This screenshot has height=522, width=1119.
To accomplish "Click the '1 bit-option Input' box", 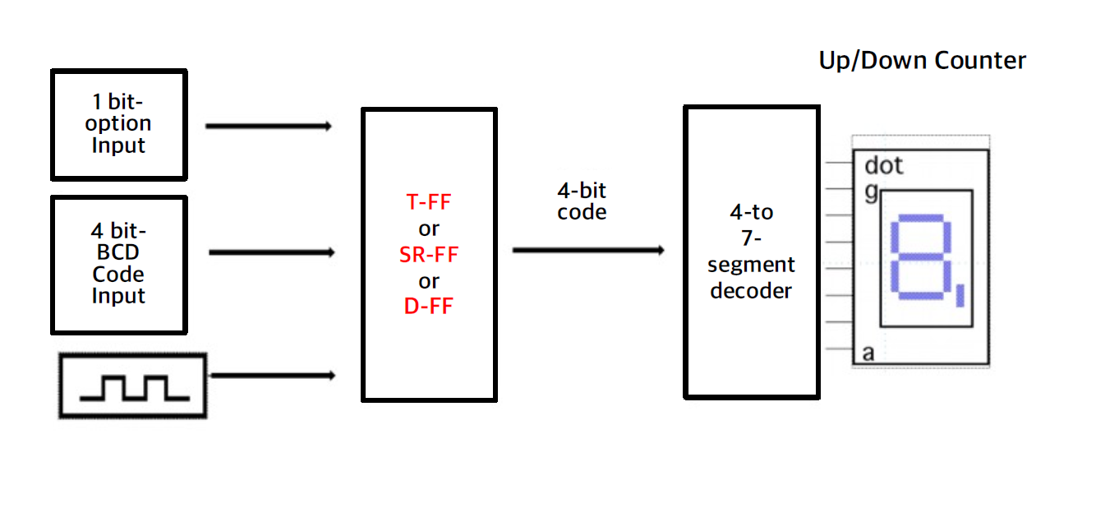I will click(119, 125).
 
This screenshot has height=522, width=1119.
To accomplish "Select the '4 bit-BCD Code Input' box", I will click(119, 264).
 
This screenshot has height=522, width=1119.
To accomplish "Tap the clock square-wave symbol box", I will click(132, 386).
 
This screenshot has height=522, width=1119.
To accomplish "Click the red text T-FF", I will click(429, 201).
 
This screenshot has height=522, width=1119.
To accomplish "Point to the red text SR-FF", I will click(429, 255).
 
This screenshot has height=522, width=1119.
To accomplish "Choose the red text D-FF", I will click(429, 307).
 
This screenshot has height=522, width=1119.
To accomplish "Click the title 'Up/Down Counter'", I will click(922, 61).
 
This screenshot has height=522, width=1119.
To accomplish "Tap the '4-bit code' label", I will click(582, 201).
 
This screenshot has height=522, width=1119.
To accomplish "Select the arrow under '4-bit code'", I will click(588, 250).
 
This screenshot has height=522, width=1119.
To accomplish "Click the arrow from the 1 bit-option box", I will click(268, 127).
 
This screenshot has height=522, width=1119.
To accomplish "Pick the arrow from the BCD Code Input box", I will click(270, 252).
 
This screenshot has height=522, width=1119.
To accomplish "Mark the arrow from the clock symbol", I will click(273, 376).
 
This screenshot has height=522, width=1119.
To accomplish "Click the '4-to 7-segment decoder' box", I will click(751, 252).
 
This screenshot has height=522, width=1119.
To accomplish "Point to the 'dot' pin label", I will click(883, 166).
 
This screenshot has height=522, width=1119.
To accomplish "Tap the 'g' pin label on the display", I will click(871, 192).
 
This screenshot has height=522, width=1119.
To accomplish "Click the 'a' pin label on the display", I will click(868, 353).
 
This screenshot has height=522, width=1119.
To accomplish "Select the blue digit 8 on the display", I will click(920, 257).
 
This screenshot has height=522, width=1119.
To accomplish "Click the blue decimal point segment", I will click(960, 293).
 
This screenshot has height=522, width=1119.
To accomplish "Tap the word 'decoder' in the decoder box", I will click(751, 290).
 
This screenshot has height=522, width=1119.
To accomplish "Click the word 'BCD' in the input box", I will click(118, 253).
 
